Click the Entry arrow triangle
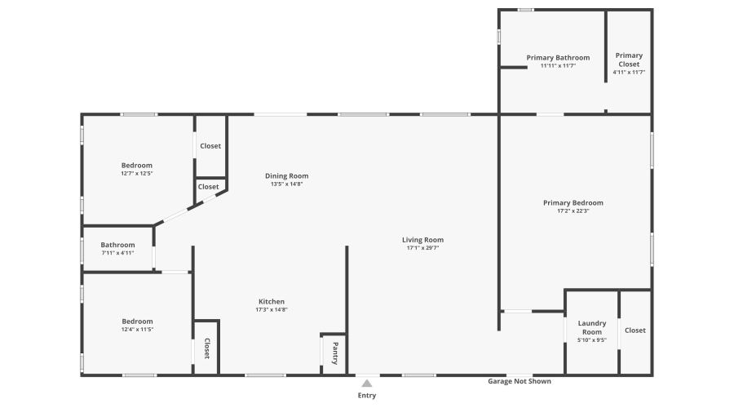367,383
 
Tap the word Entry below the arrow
367,396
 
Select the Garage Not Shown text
520,381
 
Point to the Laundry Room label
592,328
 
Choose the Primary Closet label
629,60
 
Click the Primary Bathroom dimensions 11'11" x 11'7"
558,66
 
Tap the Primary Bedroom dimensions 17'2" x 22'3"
573,211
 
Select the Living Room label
422,240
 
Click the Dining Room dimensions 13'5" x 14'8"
287,184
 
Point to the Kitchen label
272,301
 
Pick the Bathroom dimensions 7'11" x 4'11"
117,253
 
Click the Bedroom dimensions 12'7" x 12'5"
137,173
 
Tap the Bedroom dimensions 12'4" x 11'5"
137,329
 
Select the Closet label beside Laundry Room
635,330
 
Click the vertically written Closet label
206,348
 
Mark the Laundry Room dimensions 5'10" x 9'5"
592,340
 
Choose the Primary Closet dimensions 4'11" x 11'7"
629,73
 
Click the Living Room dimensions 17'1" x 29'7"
422,248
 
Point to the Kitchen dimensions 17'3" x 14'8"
272,309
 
